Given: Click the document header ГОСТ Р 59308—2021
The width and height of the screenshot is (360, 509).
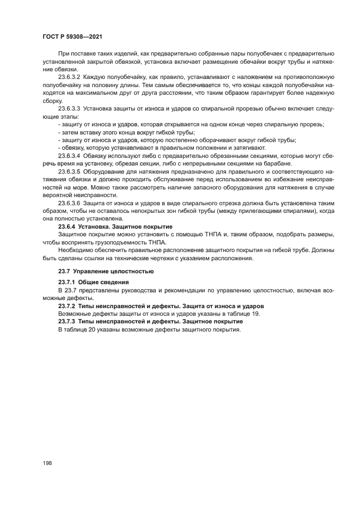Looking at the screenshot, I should coord(72,36).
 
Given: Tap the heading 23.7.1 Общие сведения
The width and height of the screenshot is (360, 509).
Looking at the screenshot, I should coord(93,283).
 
